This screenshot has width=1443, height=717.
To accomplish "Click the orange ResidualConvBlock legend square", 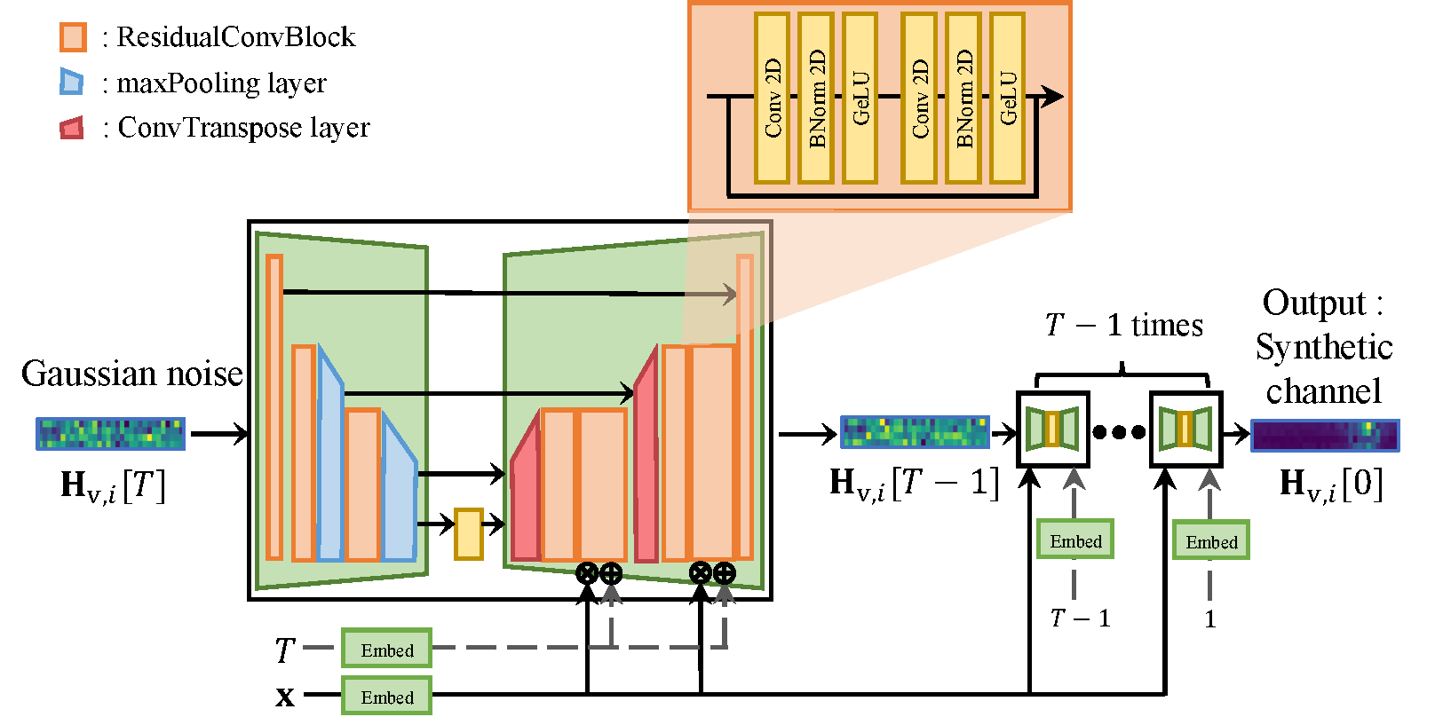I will click(73, 37).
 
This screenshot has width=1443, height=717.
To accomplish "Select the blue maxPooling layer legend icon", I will click(71, 82).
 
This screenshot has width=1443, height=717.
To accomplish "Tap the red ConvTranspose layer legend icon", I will click(72, 128).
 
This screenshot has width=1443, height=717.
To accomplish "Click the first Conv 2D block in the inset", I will click(772, 98).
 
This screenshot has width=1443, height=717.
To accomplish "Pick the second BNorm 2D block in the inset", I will click(963, 98).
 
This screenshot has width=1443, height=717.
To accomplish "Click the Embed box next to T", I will click(386, 649).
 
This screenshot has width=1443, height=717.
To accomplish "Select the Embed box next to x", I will click(386, 696).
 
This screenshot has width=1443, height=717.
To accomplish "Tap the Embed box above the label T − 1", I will click(1074, 540).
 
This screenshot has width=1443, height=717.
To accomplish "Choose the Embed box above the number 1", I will click(1210, 540).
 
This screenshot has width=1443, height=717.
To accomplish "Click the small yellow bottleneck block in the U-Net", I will click(468, 533).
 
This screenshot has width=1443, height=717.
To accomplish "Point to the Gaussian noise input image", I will click(111, 433).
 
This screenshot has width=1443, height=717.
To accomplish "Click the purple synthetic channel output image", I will click(1325, 435).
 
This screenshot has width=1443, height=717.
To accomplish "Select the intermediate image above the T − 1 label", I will click(915, 431).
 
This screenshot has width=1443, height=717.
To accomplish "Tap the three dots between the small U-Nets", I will click(1119, 432).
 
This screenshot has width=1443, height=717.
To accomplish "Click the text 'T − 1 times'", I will click(1124, 325).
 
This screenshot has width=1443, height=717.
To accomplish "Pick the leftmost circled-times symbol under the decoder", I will click(587, 573).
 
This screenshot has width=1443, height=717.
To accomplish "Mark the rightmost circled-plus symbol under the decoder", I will click(725, 573).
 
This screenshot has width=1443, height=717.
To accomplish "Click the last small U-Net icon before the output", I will click(1186, 429).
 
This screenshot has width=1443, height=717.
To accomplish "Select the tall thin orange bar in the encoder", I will click(274, 407).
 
